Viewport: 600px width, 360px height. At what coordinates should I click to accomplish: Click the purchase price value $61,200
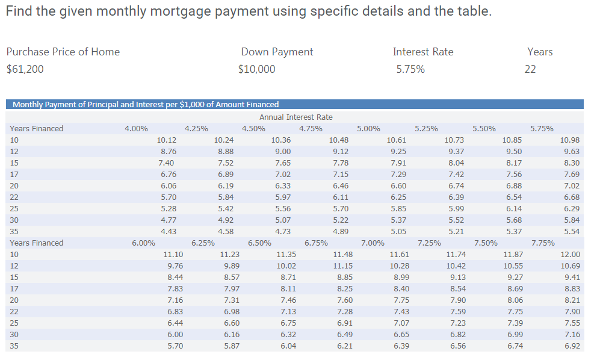tap(25, 69)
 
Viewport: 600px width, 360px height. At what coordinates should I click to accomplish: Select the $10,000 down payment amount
tap(257, 69)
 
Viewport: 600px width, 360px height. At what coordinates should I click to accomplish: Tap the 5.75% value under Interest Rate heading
tap(410, 69)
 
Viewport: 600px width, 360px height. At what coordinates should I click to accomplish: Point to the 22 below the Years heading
tap(530, 69)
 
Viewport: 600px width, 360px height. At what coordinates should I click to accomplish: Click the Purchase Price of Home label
tap(63, 52)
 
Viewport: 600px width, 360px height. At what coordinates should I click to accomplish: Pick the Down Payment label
tap(277, 52)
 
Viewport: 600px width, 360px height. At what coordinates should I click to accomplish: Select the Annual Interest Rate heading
tap(295, 117)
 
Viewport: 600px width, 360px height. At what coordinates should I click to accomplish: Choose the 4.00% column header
tap(136, 128)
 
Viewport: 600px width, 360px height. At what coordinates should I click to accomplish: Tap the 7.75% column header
tap(543, 243)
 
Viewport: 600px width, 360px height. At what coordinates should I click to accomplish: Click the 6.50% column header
tap(259, 243)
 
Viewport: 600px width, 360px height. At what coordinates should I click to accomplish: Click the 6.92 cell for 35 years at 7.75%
tap(572, 346)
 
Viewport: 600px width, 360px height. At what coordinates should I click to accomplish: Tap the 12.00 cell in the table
tap(570, 255)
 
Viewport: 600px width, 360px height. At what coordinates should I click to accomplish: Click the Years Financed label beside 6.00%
tap(36, 243)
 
